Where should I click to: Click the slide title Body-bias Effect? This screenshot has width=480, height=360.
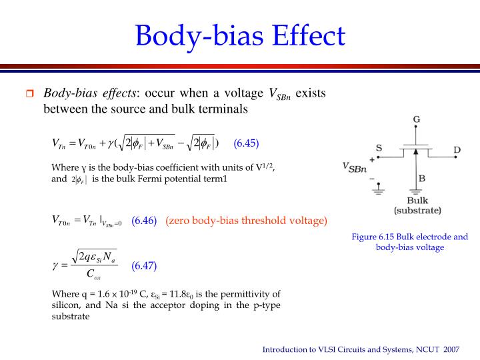point(240,35)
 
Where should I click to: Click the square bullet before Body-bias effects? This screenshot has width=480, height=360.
point(29,94)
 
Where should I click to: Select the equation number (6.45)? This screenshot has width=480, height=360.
point(246,143)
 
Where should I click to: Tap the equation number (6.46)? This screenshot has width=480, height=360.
point(144,220)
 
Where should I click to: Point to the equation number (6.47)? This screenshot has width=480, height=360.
point(144,265)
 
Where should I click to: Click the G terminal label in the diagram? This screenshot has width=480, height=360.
point(416,120)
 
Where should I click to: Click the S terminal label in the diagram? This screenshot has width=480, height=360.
point(379,147)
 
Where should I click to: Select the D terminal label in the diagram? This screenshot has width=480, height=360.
point(457,150)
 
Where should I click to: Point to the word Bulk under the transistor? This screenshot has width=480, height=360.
point(418,200)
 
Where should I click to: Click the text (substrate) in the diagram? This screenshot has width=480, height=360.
point(418,210)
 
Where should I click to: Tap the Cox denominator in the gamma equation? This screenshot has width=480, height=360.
point(93,274)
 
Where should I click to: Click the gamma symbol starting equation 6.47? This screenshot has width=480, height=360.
point(56,265)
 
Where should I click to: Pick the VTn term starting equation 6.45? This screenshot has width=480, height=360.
point(59,143)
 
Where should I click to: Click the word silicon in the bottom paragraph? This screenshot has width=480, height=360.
point(65,305)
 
